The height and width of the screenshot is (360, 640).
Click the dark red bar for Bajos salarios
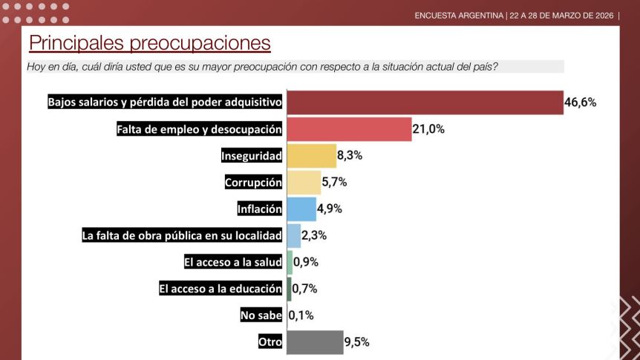pos(425,102)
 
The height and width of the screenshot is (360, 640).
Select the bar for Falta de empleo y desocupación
pos(349,128)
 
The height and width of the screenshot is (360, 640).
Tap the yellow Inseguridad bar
pos(312,156)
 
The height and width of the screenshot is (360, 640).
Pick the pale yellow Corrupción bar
pos(304,183)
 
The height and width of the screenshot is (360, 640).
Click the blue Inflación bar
pos(301,209)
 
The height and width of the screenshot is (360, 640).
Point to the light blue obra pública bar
pos(294,236)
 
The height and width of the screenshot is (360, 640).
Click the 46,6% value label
pos(580,102)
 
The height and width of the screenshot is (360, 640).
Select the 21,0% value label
pos(428,128)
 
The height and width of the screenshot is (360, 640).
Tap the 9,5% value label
pos(356,342)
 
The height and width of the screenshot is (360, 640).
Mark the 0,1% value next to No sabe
pos(301,315)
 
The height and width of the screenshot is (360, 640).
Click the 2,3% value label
pos(315,236)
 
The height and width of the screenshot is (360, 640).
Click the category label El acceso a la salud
pos(233,262)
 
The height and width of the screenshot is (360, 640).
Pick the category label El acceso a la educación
pos(221,289)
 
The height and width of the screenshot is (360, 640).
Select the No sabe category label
pos(261,315)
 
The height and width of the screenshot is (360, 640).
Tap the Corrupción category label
pos(254,183)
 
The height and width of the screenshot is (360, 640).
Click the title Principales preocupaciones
pos(149,43)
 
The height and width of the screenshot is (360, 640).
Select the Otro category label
pos(270,342)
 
